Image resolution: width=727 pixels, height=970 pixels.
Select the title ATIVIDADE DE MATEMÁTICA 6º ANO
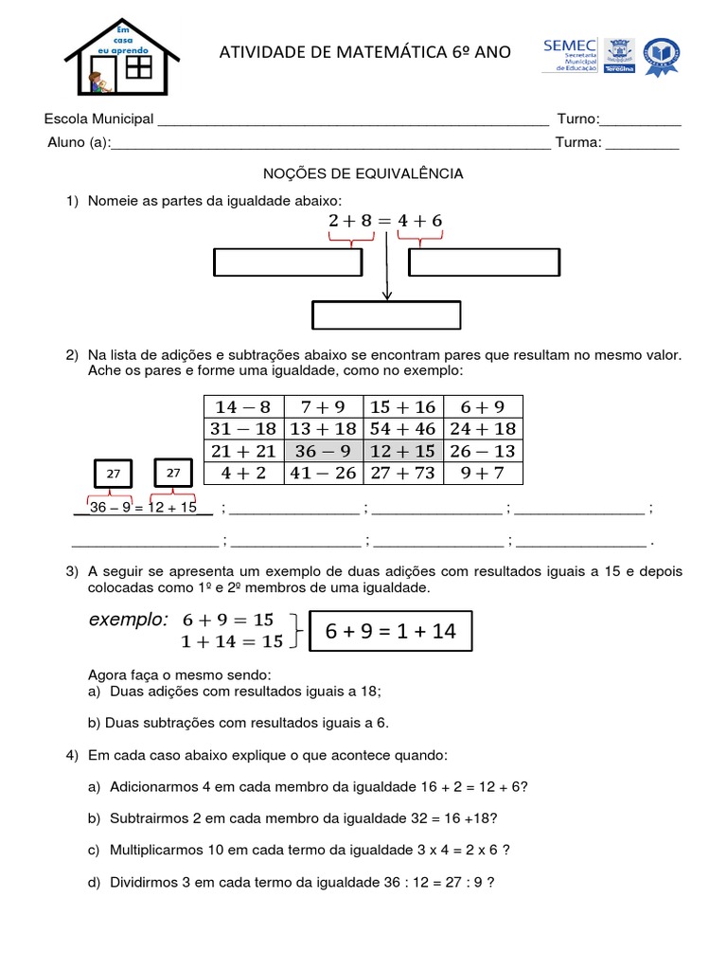tap(364, 52)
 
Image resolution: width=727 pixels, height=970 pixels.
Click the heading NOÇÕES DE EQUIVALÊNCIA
tap(363, 173)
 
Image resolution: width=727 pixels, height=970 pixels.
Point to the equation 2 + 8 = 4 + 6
tap(385, 221)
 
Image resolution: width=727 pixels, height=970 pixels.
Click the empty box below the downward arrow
tap(386, 315)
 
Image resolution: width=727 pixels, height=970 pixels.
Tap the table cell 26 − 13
tap(483, 451)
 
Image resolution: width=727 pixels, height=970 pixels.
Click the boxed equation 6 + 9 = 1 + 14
tap(390, 632)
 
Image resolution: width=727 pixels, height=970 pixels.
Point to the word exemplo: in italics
tap(128, 620)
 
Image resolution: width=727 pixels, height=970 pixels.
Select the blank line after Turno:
tap(641, 120)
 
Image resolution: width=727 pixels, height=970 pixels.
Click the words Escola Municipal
tap(99, 119)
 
